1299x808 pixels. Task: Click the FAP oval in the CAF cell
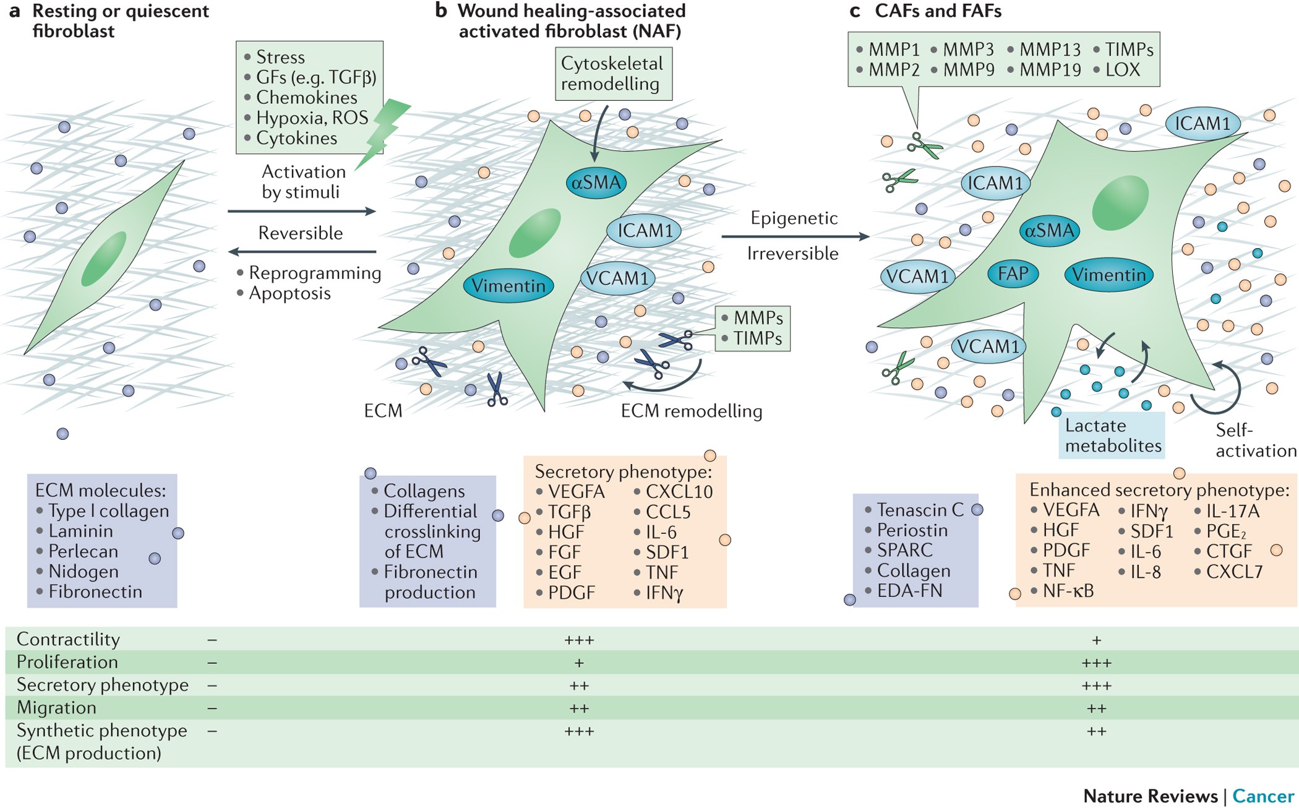point(1013,273)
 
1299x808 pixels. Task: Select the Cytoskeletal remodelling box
point(613,74)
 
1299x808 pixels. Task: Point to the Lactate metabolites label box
point(1112,436)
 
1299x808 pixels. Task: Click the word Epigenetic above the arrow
point(794,218)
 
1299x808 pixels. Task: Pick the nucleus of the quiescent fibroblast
point(104,259)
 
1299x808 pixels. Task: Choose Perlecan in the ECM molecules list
point(83,551)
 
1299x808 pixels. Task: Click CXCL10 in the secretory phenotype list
point(679,492)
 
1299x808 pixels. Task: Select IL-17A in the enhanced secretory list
point(1233,511)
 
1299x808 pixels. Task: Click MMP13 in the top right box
point(1050,49)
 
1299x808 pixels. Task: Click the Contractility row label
point(68,639)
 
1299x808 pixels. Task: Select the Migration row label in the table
point(56,708)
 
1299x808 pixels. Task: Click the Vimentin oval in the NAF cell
point(508,286)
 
